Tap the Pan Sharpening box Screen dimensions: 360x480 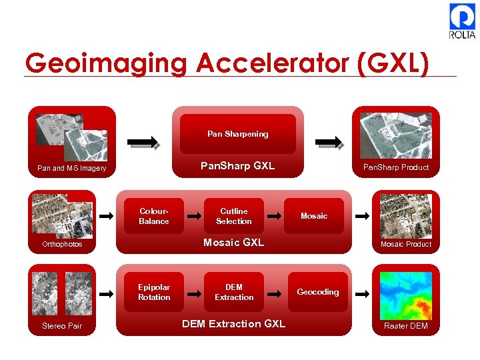pyautogui.click(x=237, y=134)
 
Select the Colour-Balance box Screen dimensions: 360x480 pyautogui.click(x=154, y=216)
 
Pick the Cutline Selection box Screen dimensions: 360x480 pyautogui.click(x=234, y=216)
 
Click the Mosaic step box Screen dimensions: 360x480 pyautogui.click(x=314, y=216)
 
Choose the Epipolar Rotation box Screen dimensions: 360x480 pyautogui.click(x=154, y=292)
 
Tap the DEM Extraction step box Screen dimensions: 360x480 pyautogui.click(x=234, y=292)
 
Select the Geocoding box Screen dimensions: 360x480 pyautogui.click(x=318, y=292)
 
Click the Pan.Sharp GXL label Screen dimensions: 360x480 pyautogui.click(x=238, y=166)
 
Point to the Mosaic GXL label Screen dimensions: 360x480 pyautogui.click(x=234, y=243)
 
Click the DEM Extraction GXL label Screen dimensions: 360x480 pyautogui.click(x=234, y=324)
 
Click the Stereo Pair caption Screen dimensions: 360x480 pyautogui.click(x=62, y=326)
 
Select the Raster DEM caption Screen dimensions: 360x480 pyautogui.click(x=406, y=326)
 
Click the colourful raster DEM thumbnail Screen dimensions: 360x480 pyautogui.click(x=405, y=295)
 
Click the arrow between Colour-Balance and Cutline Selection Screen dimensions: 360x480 pyautogui.click(x=194, y=216)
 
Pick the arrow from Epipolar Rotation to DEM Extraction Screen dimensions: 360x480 pyautogui.click(x=194, y=293)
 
